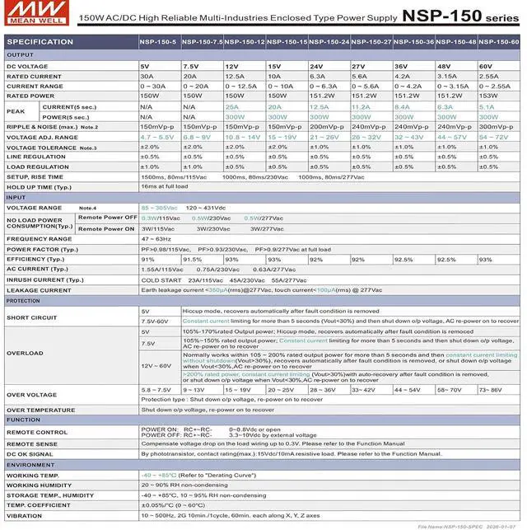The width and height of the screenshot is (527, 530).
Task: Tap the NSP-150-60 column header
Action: point(498,42)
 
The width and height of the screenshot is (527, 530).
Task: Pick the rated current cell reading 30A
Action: point(147,76)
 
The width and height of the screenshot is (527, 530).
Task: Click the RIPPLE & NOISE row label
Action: point(41,127)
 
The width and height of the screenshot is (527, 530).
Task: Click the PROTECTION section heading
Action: point(24,301)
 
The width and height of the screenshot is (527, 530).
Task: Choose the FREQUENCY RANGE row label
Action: point(40,239)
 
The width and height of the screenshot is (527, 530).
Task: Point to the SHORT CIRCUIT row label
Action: point(32,317)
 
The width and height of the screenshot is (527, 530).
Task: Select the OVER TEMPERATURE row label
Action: point(41,410)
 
